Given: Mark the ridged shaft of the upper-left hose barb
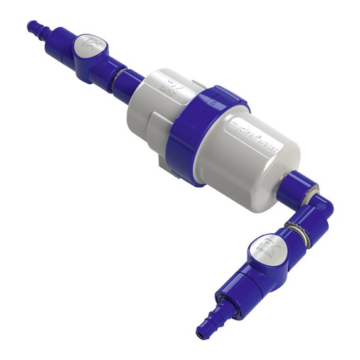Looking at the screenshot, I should click(44, 33).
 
